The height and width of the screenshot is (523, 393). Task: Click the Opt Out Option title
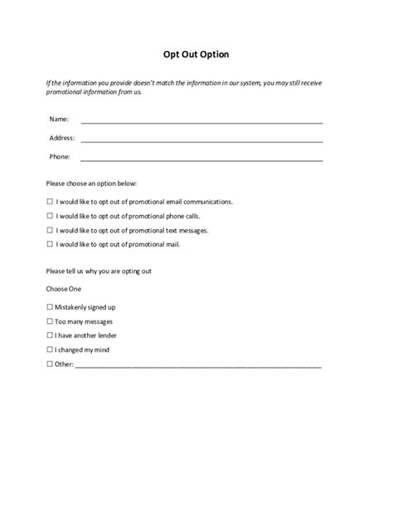click(x=196, y=55)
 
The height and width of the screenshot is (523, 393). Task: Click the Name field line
click(x=201, y=121)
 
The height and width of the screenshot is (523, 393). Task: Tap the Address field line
click(x=201, y=140)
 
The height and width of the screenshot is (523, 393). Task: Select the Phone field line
click(x=201, y=159)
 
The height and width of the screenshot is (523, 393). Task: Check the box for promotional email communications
click(x=50, y=201)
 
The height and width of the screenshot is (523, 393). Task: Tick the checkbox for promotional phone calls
click(x=50, y=215)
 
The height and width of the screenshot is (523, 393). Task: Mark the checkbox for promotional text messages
click(x=50, y=230)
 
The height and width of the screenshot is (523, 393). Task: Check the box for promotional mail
click(x=50, y=244)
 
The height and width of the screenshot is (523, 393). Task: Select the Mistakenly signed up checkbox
click(x=50, y=306)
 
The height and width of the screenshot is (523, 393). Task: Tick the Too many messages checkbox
click(x=50, y=320)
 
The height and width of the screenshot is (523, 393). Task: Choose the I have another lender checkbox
click(x=50, y=335)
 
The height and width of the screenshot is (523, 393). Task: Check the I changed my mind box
click(x=50, y=349)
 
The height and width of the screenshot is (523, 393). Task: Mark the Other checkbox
click(x=50, y=364)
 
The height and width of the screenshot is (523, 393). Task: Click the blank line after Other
click(x=199, y=365)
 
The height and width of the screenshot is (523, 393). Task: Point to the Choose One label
click(x=65, y=289)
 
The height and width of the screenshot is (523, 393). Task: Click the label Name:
click(x=60, y=120)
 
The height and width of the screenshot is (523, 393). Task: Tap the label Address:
click(x=63, y=138)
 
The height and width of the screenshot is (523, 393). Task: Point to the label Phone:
click(x=61, y=156)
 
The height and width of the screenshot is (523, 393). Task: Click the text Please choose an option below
click(x=92, y=183)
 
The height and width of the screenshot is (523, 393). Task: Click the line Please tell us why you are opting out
click(x=99, y=271)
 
